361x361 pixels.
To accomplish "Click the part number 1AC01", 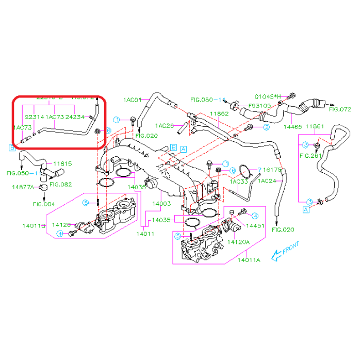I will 132,100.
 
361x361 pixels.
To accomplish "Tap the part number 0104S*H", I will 270,96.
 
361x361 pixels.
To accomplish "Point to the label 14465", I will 293,126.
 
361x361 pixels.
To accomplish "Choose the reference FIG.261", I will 310,155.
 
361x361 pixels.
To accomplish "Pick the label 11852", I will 219,113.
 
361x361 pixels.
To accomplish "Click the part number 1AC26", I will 165,125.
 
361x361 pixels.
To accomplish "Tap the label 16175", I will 272,169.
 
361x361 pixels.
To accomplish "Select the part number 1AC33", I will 239,181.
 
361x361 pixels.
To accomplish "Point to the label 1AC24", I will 267,181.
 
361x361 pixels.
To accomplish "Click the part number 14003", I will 161,204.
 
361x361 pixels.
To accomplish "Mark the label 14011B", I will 34,226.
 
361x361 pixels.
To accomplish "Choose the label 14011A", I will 249,259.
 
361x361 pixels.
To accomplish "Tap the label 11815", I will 62,164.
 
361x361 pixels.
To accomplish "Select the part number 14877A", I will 23,187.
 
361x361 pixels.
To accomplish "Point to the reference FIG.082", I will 61,184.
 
